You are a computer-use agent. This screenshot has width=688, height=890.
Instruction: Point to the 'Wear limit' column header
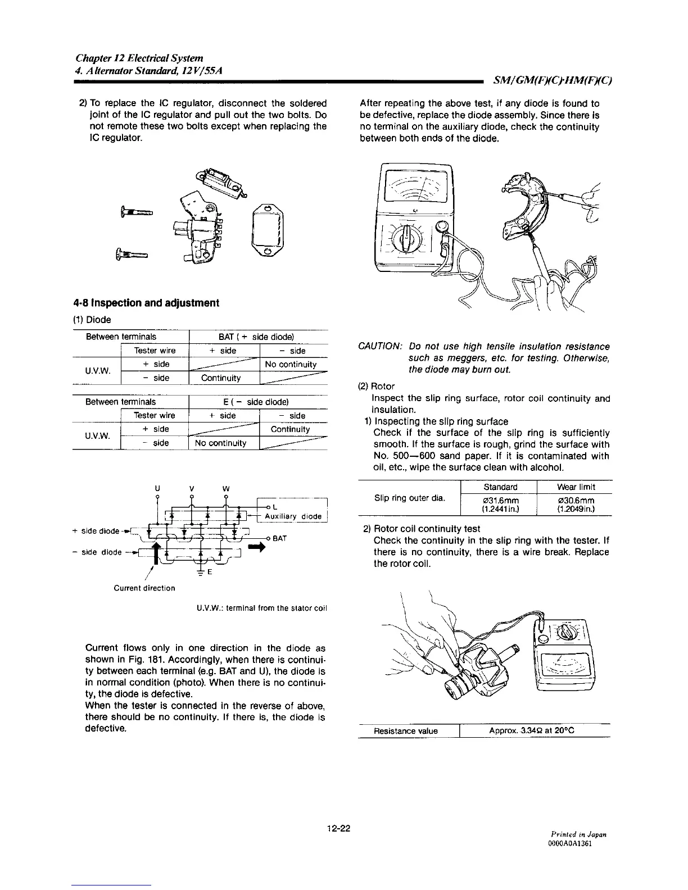point(576,487)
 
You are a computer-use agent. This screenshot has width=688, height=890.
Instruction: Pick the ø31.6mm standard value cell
point(500,500)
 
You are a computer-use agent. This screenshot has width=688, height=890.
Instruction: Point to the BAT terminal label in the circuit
point(280,538)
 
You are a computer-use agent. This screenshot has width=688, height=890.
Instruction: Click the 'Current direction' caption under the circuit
point(144,588)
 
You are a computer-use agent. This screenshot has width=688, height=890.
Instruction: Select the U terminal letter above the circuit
point(158,488)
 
